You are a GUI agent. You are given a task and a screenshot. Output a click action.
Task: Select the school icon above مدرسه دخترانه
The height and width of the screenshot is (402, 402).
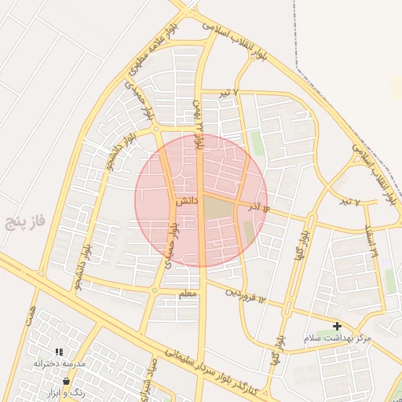point(59,353)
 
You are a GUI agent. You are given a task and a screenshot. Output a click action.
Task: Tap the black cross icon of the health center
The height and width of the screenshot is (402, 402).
point(337,326)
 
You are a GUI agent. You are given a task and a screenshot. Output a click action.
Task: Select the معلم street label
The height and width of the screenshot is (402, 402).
point(188,294)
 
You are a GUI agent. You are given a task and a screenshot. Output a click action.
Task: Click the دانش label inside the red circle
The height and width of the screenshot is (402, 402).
point(185,202)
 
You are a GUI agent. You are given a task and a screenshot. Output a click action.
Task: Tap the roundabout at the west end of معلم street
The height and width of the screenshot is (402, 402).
point(155,291)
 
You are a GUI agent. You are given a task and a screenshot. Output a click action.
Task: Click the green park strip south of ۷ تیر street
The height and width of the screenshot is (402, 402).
point(257,143)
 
